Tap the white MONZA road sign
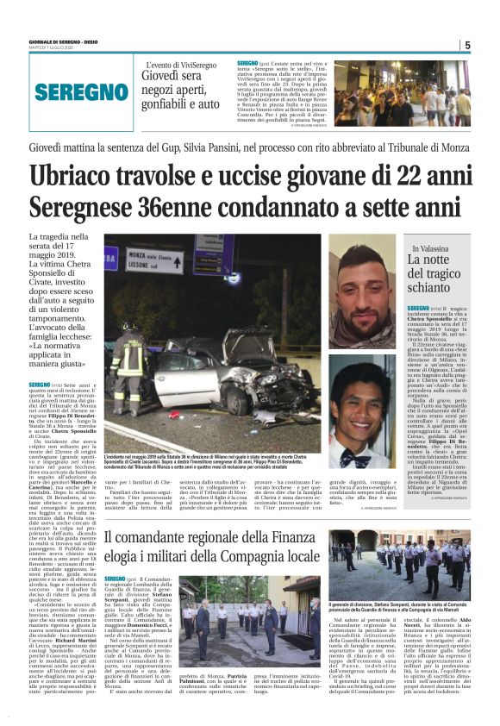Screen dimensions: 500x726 pos(155,260)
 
